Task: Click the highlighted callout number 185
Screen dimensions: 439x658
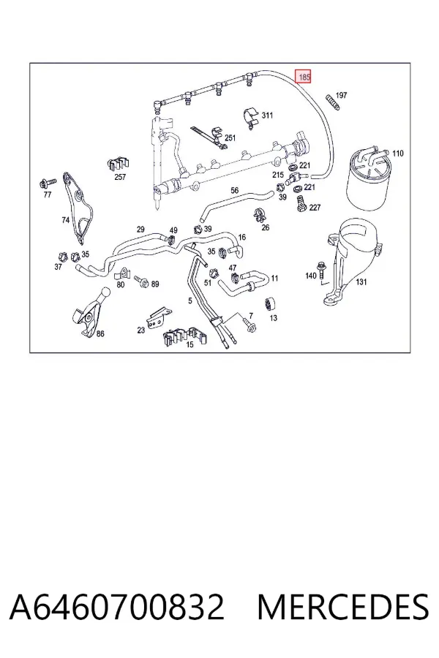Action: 304,76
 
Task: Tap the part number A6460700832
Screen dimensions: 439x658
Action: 116,607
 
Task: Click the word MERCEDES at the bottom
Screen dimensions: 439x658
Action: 343,607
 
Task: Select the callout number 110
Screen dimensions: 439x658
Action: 397,154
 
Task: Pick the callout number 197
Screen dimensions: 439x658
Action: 342,95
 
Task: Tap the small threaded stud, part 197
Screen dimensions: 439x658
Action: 332,103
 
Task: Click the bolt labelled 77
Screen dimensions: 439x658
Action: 46,183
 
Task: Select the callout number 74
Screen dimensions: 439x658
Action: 66,219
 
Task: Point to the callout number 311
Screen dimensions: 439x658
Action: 267,115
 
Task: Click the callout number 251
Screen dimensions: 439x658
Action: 230,137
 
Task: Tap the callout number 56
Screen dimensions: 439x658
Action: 234,190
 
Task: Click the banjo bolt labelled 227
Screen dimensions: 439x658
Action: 301,203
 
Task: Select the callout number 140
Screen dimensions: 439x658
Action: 311,276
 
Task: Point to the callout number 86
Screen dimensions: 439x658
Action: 100,333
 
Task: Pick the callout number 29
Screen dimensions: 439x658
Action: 140,229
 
